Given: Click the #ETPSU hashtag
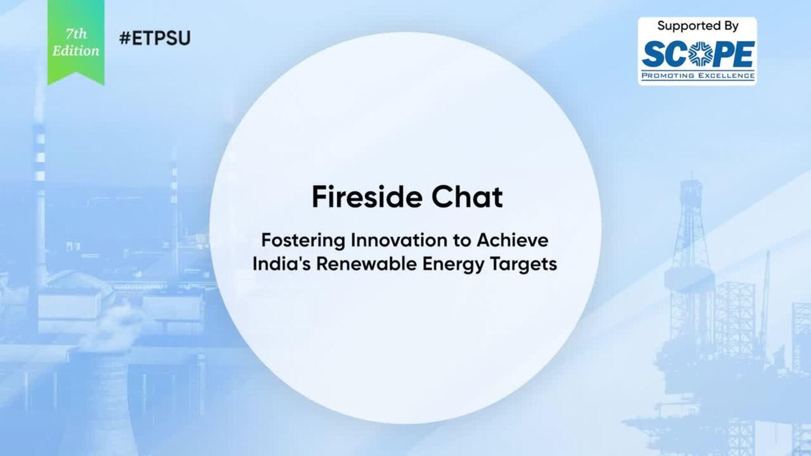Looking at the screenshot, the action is coord(155,38).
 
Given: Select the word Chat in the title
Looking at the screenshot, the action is coord(467,197).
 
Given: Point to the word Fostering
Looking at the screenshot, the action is coord(303,241).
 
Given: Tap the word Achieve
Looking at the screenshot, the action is coord(512,240).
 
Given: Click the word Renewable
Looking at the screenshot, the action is coord(366,263).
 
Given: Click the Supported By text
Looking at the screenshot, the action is coord(697,26).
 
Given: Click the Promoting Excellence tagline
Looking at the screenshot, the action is coord(697,75).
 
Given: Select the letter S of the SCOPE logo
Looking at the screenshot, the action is coord(653,54).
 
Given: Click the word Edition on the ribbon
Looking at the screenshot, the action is coord(76,51).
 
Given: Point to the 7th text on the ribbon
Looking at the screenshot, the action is coord(77,34).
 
